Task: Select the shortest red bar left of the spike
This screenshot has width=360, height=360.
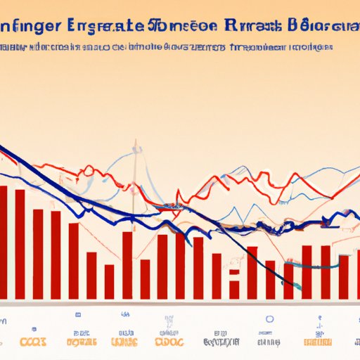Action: (x=109, y=281)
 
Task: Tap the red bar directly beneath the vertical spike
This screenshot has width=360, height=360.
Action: (x=127, y=264)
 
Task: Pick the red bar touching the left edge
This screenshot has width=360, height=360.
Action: (x=3, y=243)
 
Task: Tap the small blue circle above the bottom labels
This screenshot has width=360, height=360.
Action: (x=268, y=319)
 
